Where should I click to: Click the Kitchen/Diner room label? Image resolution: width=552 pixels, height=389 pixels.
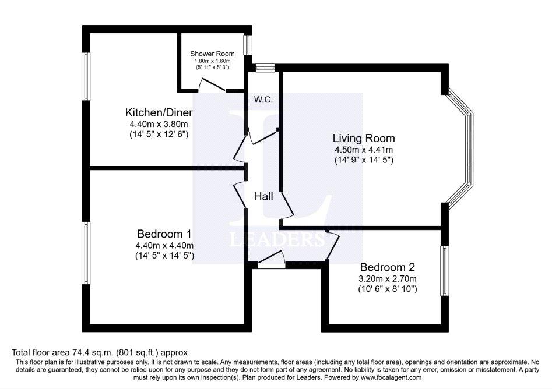coord(159,112)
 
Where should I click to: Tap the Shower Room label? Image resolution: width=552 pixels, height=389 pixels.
coord(212,54)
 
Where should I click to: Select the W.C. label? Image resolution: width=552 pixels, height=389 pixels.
coord(263,100)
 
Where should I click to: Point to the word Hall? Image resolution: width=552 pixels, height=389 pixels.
coord(263,196)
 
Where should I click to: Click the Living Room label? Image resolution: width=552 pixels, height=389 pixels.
coord(364,138)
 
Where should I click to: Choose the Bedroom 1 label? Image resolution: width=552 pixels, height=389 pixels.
coord(164,234)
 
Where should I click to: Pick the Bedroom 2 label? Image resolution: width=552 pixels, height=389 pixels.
coord(387,267)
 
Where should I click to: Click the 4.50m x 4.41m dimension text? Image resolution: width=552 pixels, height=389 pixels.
coord(364,150)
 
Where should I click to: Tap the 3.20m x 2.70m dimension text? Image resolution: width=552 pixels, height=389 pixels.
coord(387,279)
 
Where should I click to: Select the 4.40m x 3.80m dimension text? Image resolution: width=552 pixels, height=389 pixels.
coord(159,124)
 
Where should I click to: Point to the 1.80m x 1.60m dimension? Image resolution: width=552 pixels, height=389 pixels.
coord(212,61)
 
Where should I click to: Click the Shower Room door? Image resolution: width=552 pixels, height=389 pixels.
coord(212,86)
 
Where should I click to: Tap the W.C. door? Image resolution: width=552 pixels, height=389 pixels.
coord(263,136)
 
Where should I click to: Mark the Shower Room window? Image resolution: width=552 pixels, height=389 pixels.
coord(248,45)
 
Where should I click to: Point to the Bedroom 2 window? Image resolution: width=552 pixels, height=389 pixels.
coord(445,271)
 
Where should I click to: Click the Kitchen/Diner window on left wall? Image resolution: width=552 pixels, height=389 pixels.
coord(86,76)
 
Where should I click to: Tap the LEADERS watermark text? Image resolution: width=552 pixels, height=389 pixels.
coord(277,239)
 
